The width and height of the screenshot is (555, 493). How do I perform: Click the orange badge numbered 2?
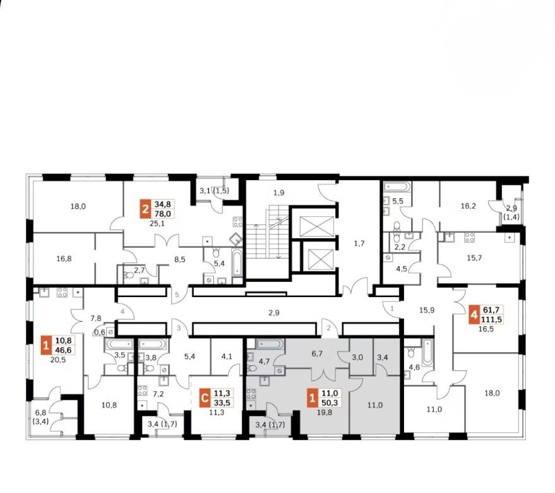click(145, 209)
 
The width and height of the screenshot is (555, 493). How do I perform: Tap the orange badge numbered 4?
click(474, 315)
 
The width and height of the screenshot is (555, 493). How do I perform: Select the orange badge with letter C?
click(204, 398)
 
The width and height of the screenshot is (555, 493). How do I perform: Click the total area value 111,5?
click(492, 319)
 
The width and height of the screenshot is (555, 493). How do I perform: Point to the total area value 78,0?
click(163, 214)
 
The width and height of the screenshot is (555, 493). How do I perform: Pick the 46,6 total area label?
click(64, 350)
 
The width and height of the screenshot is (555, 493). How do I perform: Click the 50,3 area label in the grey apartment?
click(330, 403)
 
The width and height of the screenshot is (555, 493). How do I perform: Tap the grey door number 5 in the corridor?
click(177, 294)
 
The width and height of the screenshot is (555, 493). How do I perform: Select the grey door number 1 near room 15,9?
click(392, 308)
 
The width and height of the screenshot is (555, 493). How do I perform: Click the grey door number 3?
click(179, 328)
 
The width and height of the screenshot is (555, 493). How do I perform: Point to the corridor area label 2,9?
click(274, 313)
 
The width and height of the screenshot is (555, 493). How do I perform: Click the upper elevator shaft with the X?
click(317, 226)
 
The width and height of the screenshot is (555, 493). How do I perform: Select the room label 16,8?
click(64, 259)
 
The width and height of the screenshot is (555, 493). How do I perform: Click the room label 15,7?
click(474, 258)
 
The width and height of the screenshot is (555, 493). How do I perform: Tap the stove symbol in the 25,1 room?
click(238, 222)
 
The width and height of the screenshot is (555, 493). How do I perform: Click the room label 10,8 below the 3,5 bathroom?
click(109, 405)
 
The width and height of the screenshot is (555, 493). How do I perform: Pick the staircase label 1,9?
click(279, 193)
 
